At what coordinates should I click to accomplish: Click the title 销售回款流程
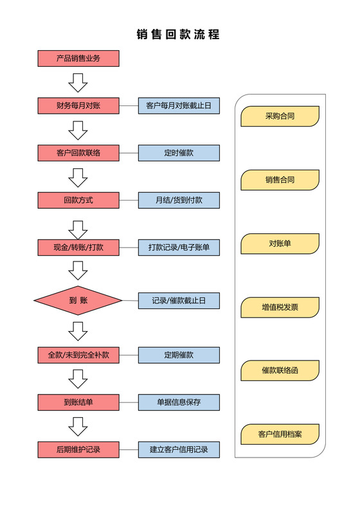(179, 35)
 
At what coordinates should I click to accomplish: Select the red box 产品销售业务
(78, 58)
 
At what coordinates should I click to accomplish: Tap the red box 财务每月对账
(78, 105)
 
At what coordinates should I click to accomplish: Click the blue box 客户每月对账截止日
(179, 105)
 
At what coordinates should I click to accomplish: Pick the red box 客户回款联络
(78, 153)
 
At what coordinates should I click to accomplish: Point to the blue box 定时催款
(179, 153)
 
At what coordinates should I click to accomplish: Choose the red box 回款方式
(78, 200)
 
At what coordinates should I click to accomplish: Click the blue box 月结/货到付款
(179, 200)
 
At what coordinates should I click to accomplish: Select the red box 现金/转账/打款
(78, 247)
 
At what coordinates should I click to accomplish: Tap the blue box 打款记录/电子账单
(179, 247)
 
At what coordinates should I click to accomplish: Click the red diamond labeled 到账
(78, 300)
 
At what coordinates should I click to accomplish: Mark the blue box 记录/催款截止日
(179, 300)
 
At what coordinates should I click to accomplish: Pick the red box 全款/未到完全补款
(78, 355)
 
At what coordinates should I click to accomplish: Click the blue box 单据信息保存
(179, 402)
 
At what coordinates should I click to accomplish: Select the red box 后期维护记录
(78, 449)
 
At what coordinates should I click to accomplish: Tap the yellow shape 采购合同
(280, 116)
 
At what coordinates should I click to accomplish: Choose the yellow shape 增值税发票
(280, 307)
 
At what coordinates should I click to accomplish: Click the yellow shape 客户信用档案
(280, 434)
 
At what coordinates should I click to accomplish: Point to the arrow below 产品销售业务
(78, 82)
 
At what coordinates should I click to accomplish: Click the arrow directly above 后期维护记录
(78, 426)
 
